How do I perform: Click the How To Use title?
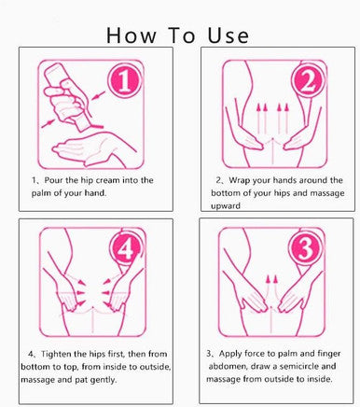pyautogui.click(x=178, y=35)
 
